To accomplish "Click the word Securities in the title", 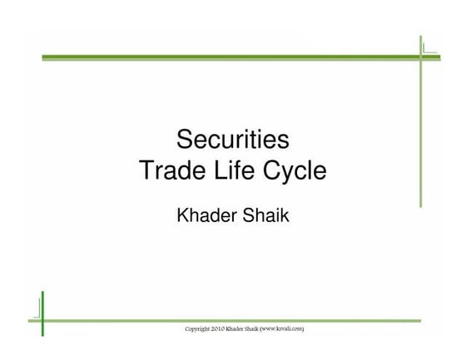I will coord(232,137).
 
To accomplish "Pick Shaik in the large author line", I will coord(265,215).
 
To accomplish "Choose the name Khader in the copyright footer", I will coord(248,330).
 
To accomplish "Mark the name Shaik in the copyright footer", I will coord(267,330).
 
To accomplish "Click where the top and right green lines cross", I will coord(422,57).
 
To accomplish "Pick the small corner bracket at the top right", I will coord(429,48).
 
